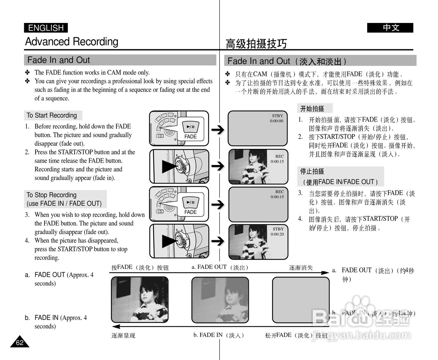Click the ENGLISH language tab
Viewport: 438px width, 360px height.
pyautogui.click(x=46, y=28)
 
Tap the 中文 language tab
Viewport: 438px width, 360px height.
pyautogui.click(x=390, y=28)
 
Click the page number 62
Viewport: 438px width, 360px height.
pyautogui.click(x=20, y=343)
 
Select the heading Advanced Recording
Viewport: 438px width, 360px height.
pyautogui.click(x=72, y=42)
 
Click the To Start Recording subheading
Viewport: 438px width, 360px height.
pyautogui.click(x=52, y=115)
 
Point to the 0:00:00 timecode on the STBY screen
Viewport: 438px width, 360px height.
pyautogui.click(x=276, y=121)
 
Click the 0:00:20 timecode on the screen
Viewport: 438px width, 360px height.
pyautogui.click(x=277, y=234)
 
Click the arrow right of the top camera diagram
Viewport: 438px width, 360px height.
pyautogui.click(x=218, y=129)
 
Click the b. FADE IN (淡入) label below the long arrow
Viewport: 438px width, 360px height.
pyautogui.click(x=219, y=335)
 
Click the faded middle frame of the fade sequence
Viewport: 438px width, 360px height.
pyautogui.click(x=220, y=300)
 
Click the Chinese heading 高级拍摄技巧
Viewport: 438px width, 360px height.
pyautogui.click(x=256, y=43)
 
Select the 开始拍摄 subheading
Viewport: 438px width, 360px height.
pyautogui.click(x=312, y=109)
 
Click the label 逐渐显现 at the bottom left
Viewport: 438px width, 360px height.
pyautogui.click(x=123, y=336)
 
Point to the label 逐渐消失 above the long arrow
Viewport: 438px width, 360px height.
pyautogui.click(x=301, y=268)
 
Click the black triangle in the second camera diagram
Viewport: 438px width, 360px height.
pyautogui.click(x=169, y=166)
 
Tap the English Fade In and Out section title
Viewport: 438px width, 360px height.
pyautogui.click(x=59, y=60)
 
